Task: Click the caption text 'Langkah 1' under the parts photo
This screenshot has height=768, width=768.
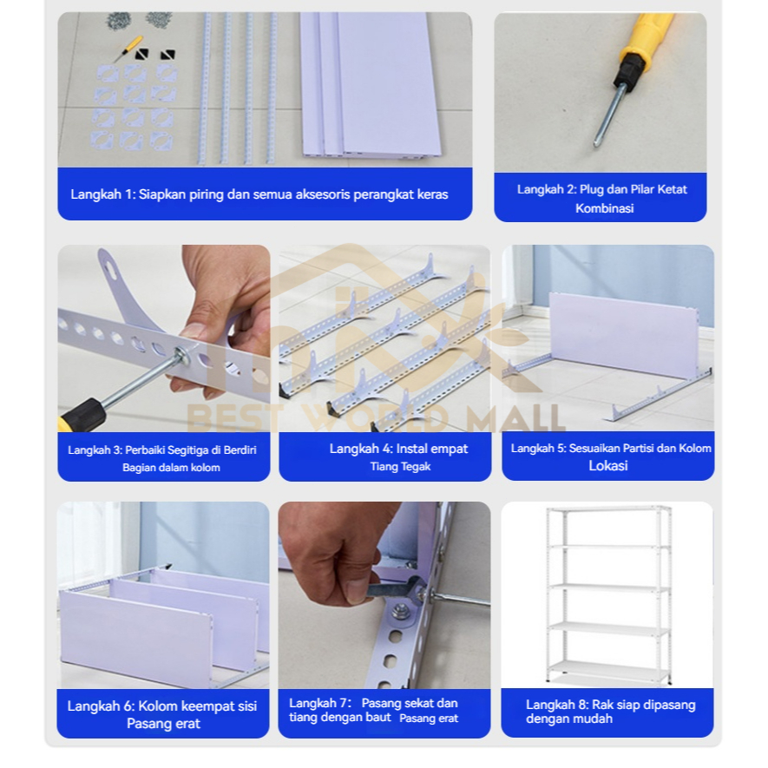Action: tap(102, 194)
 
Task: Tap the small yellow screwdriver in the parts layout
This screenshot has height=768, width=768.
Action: tap(128, 48)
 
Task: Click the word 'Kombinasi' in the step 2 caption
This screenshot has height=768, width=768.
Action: tap(604, 208)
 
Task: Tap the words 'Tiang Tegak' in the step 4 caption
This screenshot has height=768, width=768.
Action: tap(400, 467)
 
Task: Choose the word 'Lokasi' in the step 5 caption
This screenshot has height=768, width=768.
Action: tap(607, 466)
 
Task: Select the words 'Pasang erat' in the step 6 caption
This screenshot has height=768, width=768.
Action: tap(164, 724)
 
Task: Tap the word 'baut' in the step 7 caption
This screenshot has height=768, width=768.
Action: tap(380, 718)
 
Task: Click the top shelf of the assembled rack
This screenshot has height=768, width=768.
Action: tap(608, 509)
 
